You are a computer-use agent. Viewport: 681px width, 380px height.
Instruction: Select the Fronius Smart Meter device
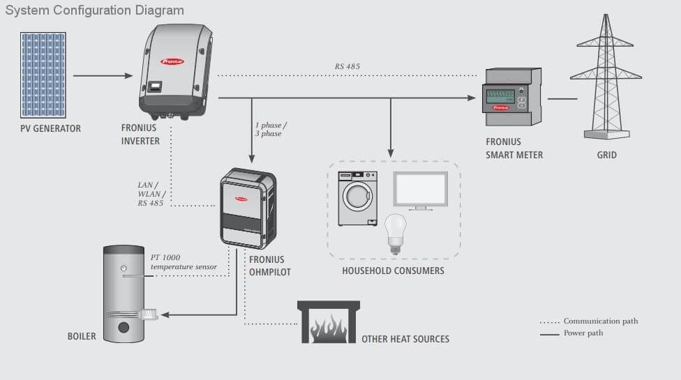coord(512,98)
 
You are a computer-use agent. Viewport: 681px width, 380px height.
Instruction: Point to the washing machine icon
coord(357,199)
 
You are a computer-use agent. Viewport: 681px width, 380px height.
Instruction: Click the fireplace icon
coord(328,323)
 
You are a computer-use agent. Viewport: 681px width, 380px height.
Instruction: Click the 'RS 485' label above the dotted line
coord(347,67)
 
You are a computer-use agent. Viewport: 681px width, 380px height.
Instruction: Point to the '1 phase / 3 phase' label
coord(271,129)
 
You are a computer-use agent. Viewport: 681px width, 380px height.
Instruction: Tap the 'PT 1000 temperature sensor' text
coord(184,262)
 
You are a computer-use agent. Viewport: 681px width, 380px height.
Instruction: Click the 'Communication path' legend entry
coord(600,321)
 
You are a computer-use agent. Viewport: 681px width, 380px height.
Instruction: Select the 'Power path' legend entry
coord(583,333)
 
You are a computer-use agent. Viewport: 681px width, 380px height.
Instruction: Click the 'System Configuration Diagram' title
coord(95,10)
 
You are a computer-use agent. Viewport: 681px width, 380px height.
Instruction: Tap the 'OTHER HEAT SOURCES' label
coord(405,340)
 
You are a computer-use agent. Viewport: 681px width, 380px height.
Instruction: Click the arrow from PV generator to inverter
coord(103,75)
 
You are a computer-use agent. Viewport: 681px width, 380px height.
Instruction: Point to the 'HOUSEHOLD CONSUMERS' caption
coord(393,271)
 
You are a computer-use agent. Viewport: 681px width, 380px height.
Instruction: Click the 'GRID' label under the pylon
coord(606,155)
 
